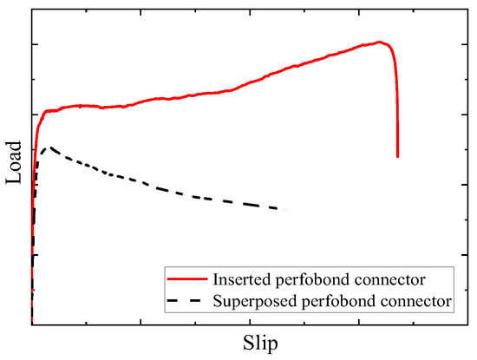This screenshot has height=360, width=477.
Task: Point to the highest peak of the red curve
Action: (x=379, y=42)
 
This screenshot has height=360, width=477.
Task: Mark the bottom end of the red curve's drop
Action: (x=397, y=156)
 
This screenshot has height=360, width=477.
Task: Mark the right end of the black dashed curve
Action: (x=283, y=210)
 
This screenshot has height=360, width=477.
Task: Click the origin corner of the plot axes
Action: (x=31, y=324)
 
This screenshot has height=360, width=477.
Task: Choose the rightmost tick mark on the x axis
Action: (x=412, y=322)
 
